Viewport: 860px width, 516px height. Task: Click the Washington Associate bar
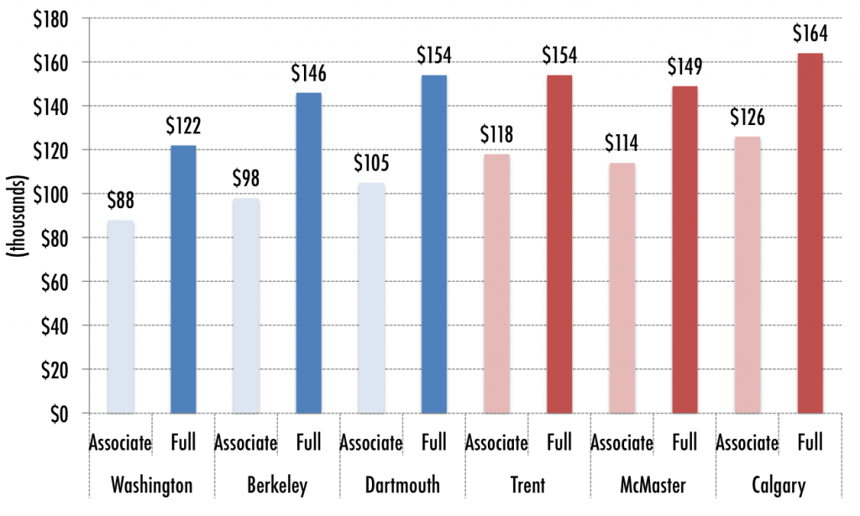tap(120, 316)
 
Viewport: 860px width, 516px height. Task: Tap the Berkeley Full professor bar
tap(308, 253)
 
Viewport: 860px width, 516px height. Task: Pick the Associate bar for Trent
tap(496, 284)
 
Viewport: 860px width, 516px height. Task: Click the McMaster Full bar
tap(684, 249)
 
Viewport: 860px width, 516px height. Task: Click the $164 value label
tap(810, 34)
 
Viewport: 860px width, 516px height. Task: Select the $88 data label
tap(121, 201)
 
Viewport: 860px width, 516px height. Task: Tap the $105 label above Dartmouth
tap(371, 164)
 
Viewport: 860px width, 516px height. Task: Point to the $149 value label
tap(684, 67)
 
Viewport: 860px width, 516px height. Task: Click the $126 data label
tap(747, 117)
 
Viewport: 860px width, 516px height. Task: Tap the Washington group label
tap(152, 485)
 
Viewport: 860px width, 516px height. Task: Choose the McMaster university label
tap(653, 485)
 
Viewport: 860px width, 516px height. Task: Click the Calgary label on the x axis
tap(779, 485)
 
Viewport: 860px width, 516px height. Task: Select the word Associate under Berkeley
tap(246, 442)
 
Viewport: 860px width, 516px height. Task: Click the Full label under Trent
tap(559, 442)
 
